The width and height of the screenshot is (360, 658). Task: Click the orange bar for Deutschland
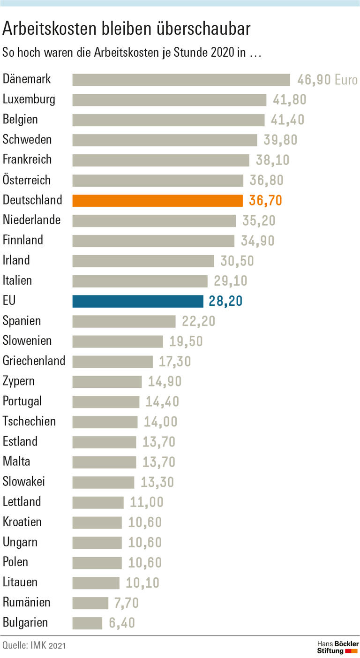coord(157,200)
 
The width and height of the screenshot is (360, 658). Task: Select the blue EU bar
coord(138,301)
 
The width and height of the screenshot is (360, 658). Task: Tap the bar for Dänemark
coord(181,80)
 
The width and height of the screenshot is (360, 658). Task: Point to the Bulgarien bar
coord(87,623)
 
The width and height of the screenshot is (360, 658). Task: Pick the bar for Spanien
coord(124,321)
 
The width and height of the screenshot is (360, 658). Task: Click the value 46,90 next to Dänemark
coord(314,80)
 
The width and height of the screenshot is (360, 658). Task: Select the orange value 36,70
coord(266,201)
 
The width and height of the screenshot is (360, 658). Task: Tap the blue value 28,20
coord(225,301)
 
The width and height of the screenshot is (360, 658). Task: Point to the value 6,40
coord(122,623)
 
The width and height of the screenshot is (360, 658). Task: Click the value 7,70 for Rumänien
coord(126,603)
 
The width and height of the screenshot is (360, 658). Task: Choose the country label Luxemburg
coord(29,99)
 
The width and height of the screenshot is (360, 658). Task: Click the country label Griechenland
coord(34,361)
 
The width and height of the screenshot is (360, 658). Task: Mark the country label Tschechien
coord(29,421)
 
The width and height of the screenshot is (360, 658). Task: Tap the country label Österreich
coord(27,180)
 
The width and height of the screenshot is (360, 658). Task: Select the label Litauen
coord(20,582)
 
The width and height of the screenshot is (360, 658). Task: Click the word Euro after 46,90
coord(346,80)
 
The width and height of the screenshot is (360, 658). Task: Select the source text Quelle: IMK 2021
coord(34,646)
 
